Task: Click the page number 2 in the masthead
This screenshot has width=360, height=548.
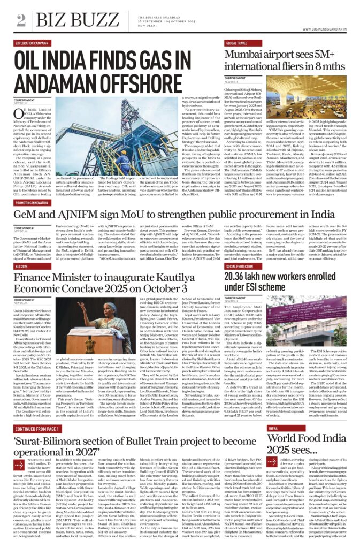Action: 21,20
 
